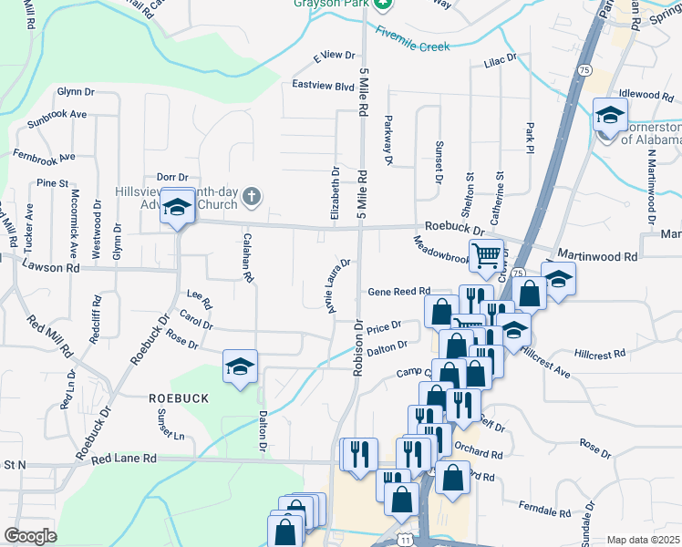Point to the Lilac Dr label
[501, 57]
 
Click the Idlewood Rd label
[646, 94]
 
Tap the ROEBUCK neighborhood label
[180, 398]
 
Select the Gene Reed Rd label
[398, 292]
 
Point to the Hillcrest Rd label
[600, 354]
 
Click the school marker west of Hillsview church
[176, 206]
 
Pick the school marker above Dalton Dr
[241, 366]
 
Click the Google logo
[30, 536]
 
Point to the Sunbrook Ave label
[57, 115]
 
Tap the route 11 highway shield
[404, 541]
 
